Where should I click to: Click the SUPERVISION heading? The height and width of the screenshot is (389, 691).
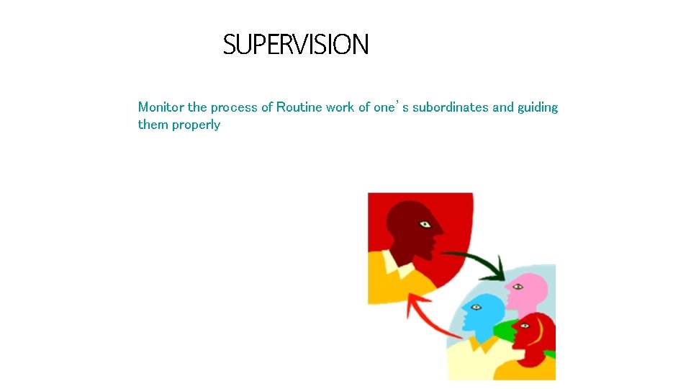coord(295,45)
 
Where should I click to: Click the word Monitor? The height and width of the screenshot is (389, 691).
coord(161,107)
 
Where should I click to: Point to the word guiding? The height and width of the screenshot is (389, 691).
coord(538,107)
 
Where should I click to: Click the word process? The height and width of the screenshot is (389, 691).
coord(234,107)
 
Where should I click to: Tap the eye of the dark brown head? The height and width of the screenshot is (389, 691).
coord(425,225)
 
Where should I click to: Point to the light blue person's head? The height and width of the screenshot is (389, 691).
coord(484,310)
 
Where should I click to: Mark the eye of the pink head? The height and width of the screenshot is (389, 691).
coord(516,287)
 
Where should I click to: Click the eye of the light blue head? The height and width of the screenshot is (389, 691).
coord(474,308)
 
